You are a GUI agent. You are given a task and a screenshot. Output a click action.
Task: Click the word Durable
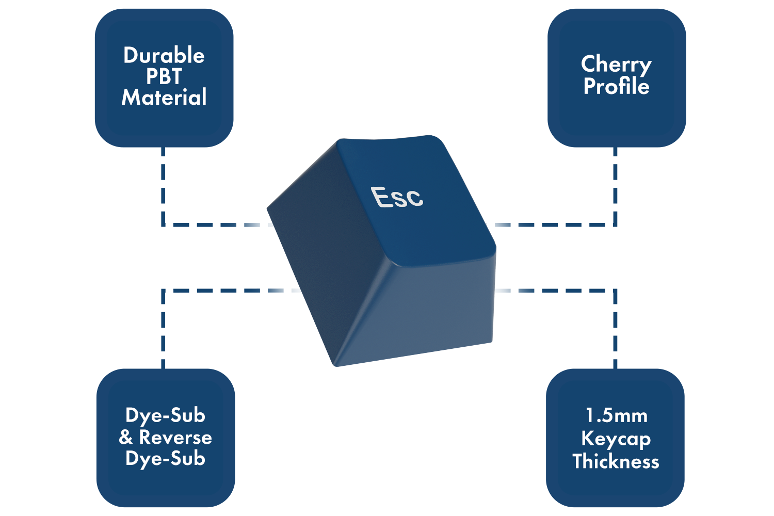click(x=164, y=55)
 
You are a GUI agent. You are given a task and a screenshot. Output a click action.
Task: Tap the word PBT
click(x=164, y=76)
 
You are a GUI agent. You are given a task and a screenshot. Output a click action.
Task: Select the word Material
click(x=164, y=98)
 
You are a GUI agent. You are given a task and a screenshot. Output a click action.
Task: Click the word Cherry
click(x=616, y=64)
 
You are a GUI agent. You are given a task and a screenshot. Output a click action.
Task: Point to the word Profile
click(x=616, y=86)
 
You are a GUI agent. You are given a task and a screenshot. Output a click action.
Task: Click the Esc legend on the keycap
click(x=397, y=197)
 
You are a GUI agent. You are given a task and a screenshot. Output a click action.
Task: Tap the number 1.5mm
click(x=616, y=415)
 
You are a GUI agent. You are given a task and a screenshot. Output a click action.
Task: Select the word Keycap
click(x=616, y=439)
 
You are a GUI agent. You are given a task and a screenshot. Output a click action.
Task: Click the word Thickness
click(x=616, y=461)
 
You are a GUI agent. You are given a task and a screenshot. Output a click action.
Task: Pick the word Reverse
click(x=175, y=438)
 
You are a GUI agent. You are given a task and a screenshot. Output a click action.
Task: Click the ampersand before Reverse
click(x=126, y=438)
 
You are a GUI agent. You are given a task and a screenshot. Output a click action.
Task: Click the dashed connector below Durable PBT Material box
click(x=163, y=186)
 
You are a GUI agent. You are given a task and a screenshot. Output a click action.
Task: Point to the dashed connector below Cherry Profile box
click(x=615, y=186)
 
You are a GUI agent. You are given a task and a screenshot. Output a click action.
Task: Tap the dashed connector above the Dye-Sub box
click(x=163, y=330)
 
